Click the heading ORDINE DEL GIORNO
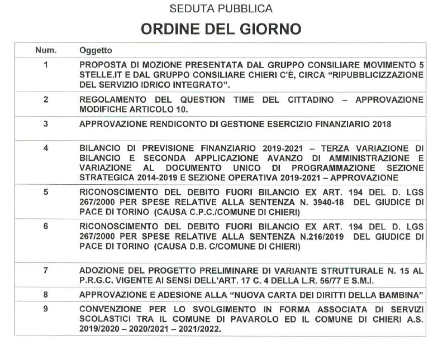pos(221,28)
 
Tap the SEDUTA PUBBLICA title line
pos(221,9)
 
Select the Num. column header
pos(46,50)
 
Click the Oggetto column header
pos(96,50)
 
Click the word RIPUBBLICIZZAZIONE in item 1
pos(377,75)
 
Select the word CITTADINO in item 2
pos(308,99)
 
